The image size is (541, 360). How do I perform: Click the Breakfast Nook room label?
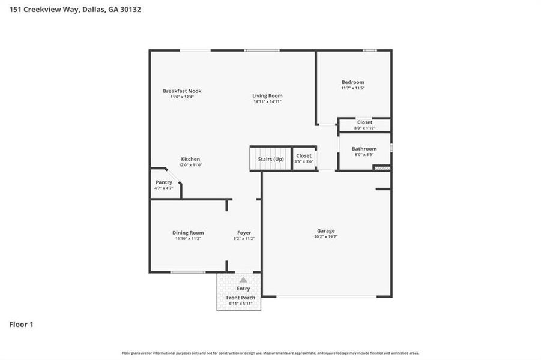click(x=182, y=91)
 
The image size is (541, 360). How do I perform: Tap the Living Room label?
click(x=267, y=96)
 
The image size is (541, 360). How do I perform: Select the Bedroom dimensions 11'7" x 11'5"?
click(x=352, y=88)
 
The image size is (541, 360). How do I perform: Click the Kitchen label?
click(x=190, y=159)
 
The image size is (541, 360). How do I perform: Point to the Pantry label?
click(x=163, y=182)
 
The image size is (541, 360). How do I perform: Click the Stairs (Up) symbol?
click(x=270, y=159)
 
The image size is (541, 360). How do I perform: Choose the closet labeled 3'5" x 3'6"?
click(x=304, y=158)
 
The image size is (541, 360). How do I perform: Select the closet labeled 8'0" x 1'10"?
click(x=364, y=125)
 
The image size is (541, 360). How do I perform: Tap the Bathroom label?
click(x=364, y=149)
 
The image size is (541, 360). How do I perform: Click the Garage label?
click(x=326, y=230)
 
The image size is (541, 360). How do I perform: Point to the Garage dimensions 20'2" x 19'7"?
click(x=326, y=236)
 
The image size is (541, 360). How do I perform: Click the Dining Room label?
click(x=188, y=233)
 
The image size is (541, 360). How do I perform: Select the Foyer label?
click(x=244, y=233)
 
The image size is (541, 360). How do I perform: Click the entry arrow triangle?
click(x=243, y=280)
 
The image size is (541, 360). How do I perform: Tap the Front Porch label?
click(x=240, y=298)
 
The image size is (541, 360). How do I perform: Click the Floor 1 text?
click(x=21, y=325)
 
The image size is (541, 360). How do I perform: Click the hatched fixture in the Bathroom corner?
click(x=382, y=168)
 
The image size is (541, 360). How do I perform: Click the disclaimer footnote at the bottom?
click(x=270, y=353)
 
